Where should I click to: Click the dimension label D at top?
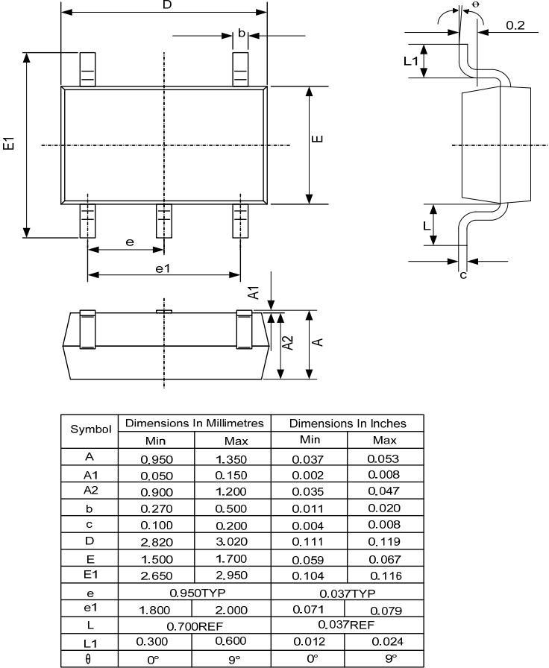tap(166, 5)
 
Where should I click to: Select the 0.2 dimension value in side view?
tap(515, 25)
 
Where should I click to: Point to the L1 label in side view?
tap(411, 60)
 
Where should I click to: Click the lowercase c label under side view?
tap(462, 275)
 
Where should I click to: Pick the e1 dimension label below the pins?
tap(163, 268)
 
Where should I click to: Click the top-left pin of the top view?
tap(87, 69)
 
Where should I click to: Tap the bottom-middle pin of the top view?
tap(163, 221)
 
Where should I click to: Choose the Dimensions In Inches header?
tap(348, 423)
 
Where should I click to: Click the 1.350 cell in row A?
tap(231, 459)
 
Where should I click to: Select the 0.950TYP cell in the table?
tap(194, 592)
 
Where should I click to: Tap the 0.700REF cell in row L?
tap(194, 626)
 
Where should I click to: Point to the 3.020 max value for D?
tap(231, 542)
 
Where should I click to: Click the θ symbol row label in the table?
tap(90, 658)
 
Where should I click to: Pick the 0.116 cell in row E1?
tap(384, 575)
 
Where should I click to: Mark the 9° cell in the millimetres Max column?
tap(231, 658)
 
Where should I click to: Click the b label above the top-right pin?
tap(242, 34)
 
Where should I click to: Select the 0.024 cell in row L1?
tap(384, 642)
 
